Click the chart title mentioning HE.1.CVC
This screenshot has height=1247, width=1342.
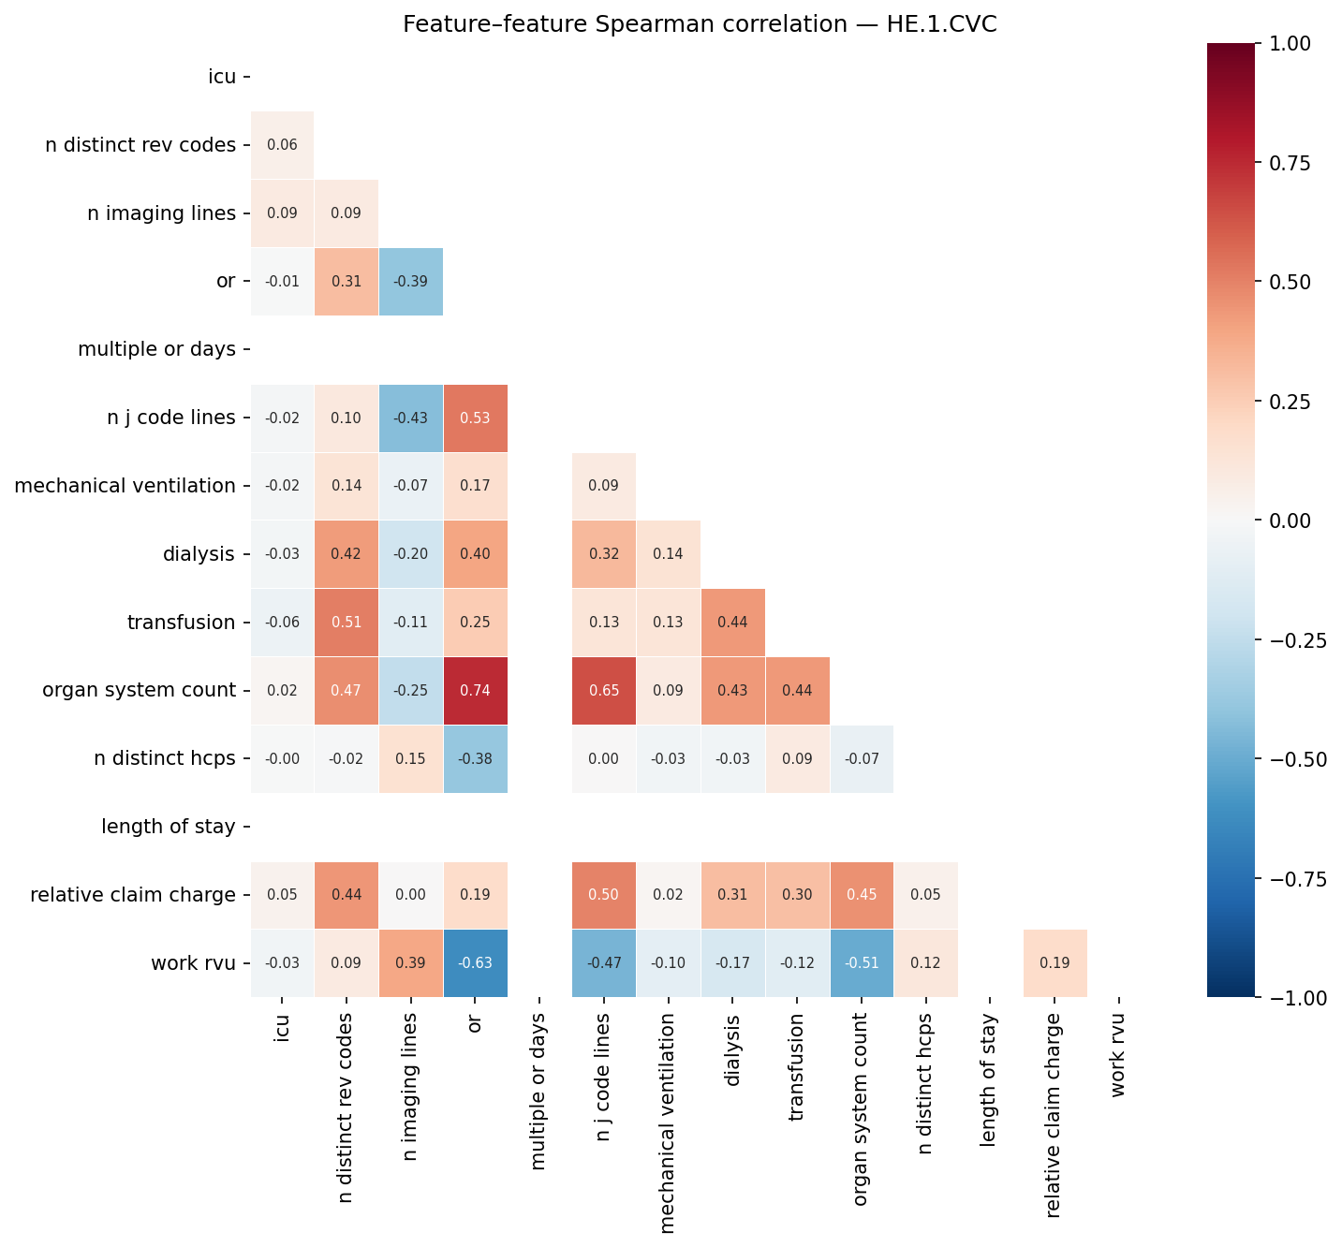coord(700,24)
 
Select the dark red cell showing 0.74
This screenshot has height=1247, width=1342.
coord(475,691)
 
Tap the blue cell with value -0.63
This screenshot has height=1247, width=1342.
coord(475,963)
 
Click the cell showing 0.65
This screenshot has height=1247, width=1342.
coord(604,691)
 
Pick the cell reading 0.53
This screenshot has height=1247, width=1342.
coord(475,418)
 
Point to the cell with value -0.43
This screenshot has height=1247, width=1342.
coord(410,418)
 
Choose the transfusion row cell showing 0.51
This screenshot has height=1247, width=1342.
coord(346,623)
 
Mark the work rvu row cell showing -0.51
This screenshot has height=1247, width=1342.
coord(862,963)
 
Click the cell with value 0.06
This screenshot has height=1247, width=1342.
coord(282,145)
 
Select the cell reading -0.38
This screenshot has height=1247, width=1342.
coord(475,759)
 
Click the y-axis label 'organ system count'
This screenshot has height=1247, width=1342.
coord(139,691)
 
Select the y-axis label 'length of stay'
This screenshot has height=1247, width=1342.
coord(168,827)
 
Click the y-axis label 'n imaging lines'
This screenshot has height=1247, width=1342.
coord(161,213)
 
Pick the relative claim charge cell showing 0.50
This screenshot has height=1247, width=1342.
coord(604,895)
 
